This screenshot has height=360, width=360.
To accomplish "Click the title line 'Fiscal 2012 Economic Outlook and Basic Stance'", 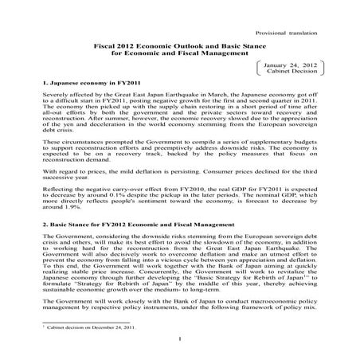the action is [181, 46].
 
